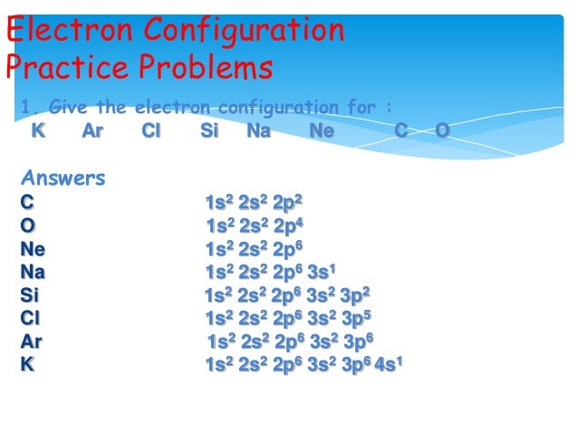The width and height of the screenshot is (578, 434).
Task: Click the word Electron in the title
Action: tap(66, 31)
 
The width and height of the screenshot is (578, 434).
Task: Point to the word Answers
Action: tap(63, 178)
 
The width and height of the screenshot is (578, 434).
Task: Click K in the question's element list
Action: tap(37, 132)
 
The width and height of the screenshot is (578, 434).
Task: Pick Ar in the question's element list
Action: tap(92, 132)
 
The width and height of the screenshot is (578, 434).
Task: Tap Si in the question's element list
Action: tap(209, 132)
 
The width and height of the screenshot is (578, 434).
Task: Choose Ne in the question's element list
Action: tap(322, 132)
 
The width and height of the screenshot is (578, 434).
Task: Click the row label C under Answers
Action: tap(27, 202)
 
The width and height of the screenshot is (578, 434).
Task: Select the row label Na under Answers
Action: tap(34, 272)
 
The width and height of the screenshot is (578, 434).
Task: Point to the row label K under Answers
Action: tap(27, 364)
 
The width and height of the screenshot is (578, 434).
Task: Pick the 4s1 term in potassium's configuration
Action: tap(389, 364)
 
